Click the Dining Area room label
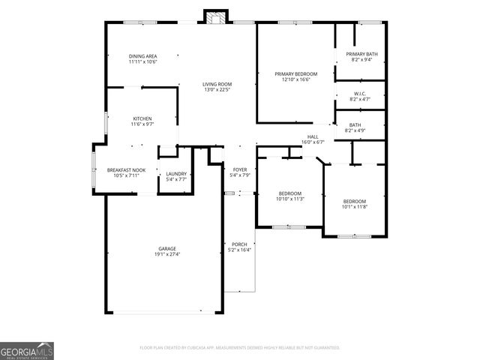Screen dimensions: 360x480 click(x=142, y=56)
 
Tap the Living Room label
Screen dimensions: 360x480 click(x=217, y=84)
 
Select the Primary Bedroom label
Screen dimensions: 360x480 click(x=296, y=73)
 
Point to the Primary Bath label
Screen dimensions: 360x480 click(x=361, y=54)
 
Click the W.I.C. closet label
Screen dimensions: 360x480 click(x=361, y=94)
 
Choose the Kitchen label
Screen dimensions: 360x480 click(x=142, y=118)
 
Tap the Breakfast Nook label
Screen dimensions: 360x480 click(x=126, y=170)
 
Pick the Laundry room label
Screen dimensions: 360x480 click(x=176, y=174)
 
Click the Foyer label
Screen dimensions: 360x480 click(x=239, y=169)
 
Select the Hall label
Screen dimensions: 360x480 click(x=313, y=136)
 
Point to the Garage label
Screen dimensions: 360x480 click(x=166, y=248)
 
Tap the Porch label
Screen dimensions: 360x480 click(x=239, y=244)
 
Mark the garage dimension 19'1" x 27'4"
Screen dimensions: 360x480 click(x=166, y=254)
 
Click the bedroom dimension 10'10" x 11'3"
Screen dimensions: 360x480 click(x=290, y=199)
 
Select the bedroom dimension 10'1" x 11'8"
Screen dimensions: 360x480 click(x=355, y=207)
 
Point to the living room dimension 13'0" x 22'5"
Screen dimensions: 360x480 click(x=217, y=90)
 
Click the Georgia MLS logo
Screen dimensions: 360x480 click(x=27, y=351)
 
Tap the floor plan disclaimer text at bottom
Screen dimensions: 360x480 click(x=240, y=348)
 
